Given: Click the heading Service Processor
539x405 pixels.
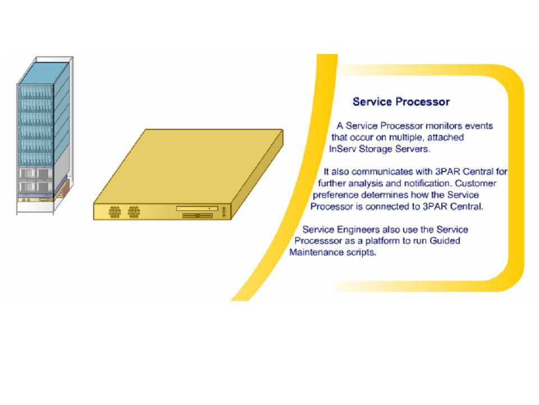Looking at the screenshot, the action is click(x=401, y=102).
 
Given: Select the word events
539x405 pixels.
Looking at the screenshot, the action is click(x=479, y=125).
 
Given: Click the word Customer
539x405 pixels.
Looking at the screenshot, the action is click(x=476, y=183).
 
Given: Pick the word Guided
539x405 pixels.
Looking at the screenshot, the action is click(x=445, y=240).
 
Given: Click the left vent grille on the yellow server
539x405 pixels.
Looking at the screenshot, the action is click(x=115, y=212).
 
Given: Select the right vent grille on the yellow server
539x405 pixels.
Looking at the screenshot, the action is click(x=134, y=212).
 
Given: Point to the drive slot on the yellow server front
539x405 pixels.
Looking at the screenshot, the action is click(x=197, y=208).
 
